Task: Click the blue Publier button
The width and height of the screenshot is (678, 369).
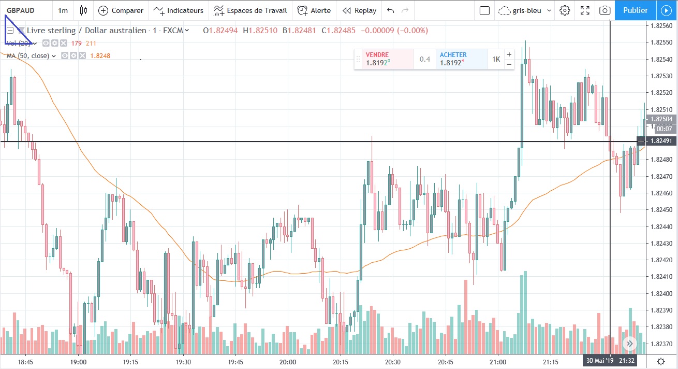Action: point(635,10)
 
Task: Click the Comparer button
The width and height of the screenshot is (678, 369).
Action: point(121,10)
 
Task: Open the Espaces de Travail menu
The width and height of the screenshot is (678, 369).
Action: point(250,10)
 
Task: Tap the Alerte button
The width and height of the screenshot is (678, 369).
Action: point(314,10)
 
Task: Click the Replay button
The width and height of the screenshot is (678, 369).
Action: point(359,10)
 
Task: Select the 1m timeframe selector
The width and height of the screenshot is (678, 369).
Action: point(63,10)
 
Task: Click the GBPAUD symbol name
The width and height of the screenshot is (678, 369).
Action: point(21,10)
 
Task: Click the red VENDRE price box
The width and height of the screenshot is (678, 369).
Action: point(384,59)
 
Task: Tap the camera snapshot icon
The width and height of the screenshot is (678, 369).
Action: point(604,10)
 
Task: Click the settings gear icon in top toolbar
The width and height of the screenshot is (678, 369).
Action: point(565,10)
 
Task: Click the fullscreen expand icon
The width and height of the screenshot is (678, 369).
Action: point(585,10)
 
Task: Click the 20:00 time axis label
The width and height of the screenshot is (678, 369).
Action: point(288,362)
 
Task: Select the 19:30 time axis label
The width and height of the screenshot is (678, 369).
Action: point(183,362)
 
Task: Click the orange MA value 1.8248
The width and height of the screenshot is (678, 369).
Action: point(100,55)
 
